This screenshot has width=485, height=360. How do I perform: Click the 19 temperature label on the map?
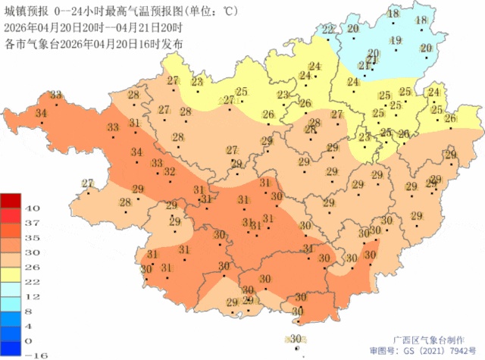click(396, 40)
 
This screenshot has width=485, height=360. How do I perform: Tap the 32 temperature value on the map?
click(171, 171)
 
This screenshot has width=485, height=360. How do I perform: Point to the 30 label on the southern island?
click(296, 339)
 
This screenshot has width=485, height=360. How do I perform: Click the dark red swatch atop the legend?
click(12, 201)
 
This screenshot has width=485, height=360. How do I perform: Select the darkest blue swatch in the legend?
click(12, 347)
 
